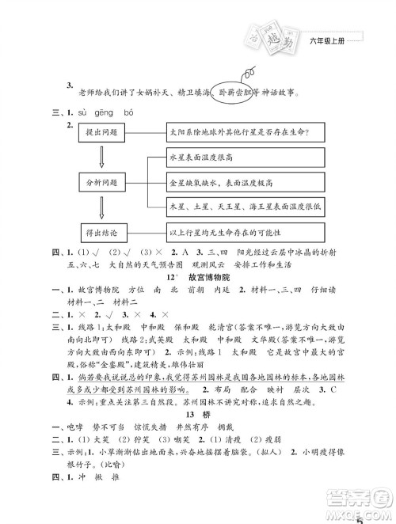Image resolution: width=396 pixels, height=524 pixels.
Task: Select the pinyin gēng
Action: pyautogui.click(x=105, y=112)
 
